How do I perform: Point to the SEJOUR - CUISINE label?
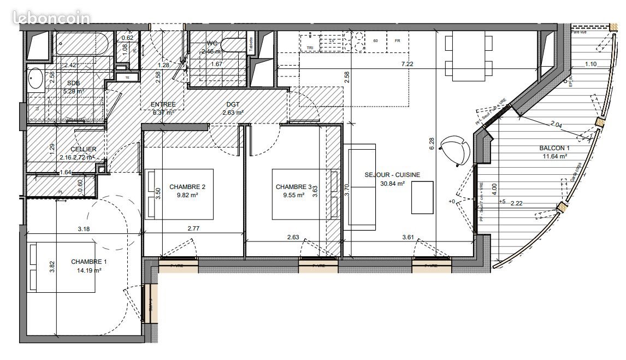[x=392, y=175]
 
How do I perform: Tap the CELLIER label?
[x=84, y=149]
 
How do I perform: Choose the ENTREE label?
[x=163, y=104]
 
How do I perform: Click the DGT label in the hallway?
[x=233, y=104]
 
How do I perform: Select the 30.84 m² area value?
[x=392, y=184]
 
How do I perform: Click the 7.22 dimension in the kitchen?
[x=407, y=64]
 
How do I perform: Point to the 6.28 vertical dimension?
[x=432, y=143]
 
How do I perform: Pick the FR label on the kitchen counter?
[x=398, y=41]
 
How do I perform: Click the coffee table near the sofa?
[x=422, y=198]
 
